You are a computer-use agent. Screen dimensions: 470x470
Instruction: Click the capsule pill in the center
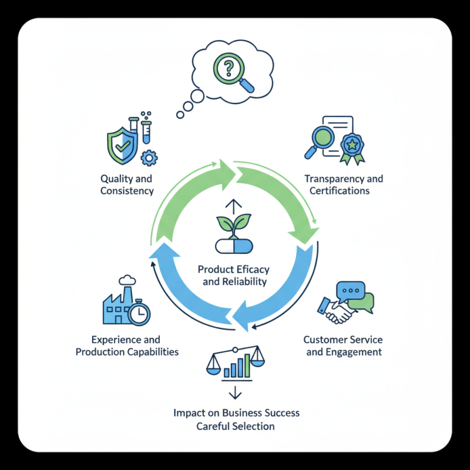(x=234, y=246)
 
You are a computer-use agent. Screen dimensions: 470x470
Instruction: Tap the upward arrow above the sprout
(x=234, y=205)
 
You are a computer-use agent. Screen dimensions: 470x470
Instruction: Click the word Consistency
(x=127, y=191)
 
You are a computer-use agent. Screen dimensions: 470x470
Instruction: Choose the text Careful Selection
(x=236, y=426)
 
